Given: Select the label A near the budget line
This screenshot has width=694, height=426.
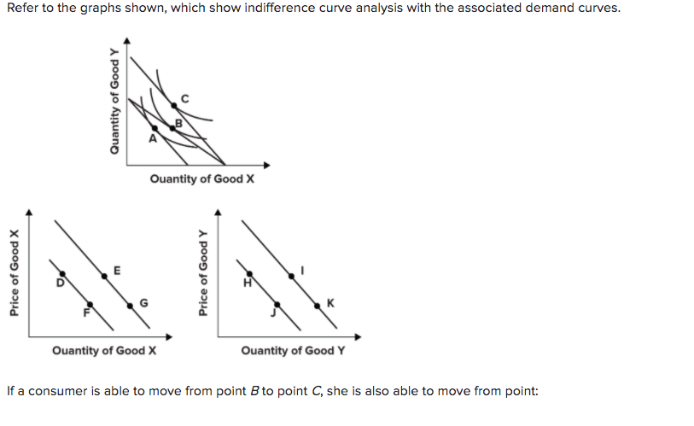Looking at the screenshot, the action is coord(153,137).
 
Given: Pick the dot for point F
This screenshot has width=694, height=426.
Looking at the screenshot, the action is coord(88,306).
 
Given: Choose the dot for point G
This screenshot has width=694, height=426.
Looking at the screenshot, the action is coord(131,304).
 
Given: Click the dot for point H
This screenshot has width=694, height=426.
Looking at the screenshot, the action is coord(250,274).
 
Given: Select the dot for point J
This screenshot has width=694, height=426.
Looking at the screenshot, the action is coord(276,305).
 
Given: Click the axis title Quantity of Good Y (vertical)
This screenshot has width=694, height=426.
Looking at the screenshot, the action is coord(114,101).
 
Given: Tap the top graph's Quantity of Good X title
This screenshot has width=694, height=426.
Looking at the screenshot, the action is coord(201,178).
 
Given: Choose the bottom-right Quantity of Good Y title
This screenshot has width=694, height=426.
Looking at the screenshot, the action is coord(293,350).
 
